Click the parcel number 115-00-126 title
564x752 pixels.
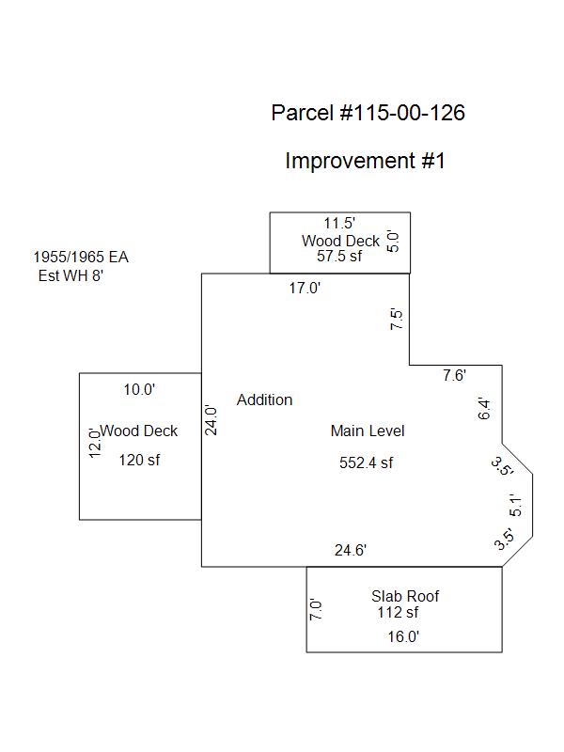pyautogui.click(x=368, y=114)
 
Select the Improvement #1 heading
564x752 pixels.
pyautogui.click(x=365, y=161)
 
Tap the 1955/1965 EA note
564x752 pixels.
pyautogui.click(x=80, y=257)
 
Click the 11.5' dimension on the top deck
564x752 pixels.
pyautogui.click(x=339, y=224)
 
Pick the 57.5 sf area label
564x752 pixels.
pyautogui.click(x=339, y=256)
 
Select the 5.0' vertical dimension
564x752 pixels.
pyautogui.click(x=394, y=242)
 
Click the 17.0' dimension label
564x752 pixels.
pyautogui.click(x=305, y=289)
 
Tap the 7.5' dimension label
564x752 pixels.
pyautogui.click(x=398, y=320)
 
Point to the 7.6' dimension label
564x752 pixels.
pyautogui.click(x=455, y=376)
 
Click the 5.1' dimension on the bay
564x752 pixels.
pyautogui.click(x=516, y=506)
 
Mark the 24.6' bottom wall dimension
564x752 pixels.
pyautogui.click(x=350, y=551)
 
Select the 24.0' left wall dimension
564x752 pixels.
pyautogui.click(x=212, y=419)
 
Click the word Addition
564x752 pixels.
pyautogui.click(x=264, y=399)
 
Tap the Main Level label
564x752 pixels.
pyautogui.click(x=368, y=431)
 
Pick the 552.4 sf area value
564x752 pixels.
pyautogui.click(x=366, y=462)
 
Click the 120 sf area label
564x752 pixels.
pyautogui.click(x=139, y=460)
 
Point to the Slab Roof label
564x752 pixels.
pyautogui.click(x=405, y=596)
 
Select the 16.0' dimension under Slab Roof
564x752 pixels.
pyautogui.click(x=404, y=636)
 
